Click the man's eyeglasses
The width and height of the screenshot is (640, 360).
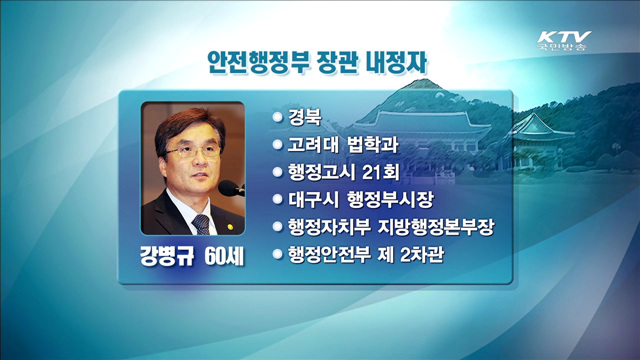click(188, 152)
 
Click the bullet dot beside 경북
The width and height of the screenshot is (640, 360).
click(277, 117)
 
